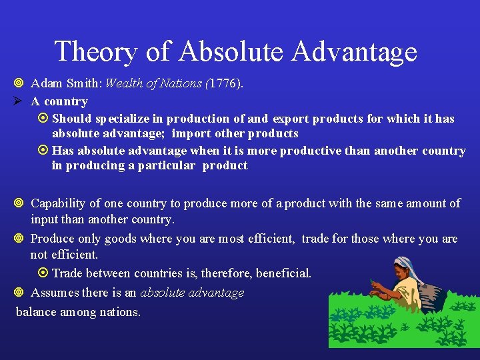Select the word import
(x=190, y=133)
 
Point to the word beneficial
(x=281, y=273)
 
